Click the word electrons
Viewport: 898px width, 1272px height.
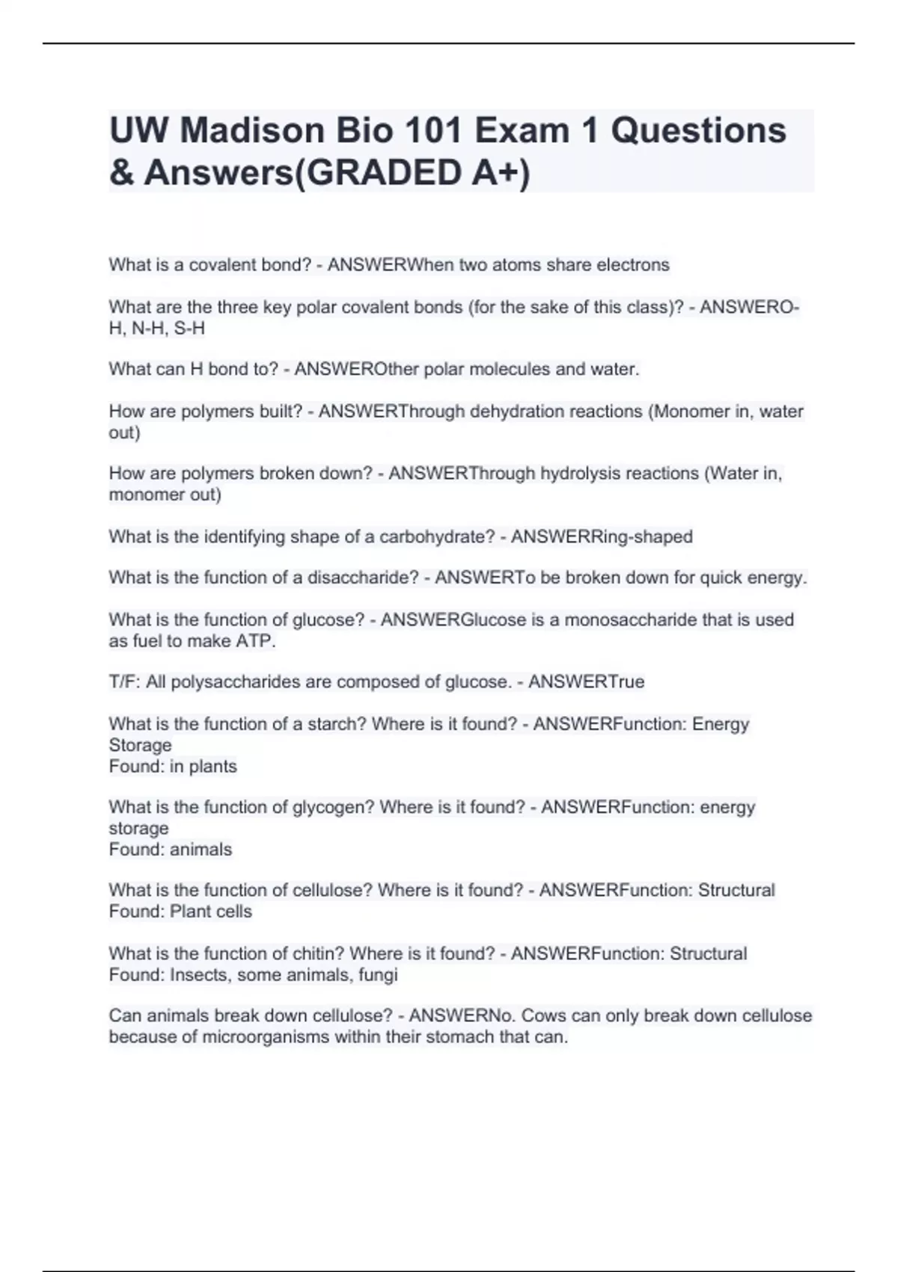(x=633, y=265)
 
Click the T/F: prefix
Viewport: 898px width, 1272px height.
(x=125, y=682)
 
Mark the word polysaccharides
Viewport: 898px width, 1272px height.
(x=234, y=682)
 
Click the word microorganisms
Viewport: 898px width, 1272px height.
(x=266, y=1037)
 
